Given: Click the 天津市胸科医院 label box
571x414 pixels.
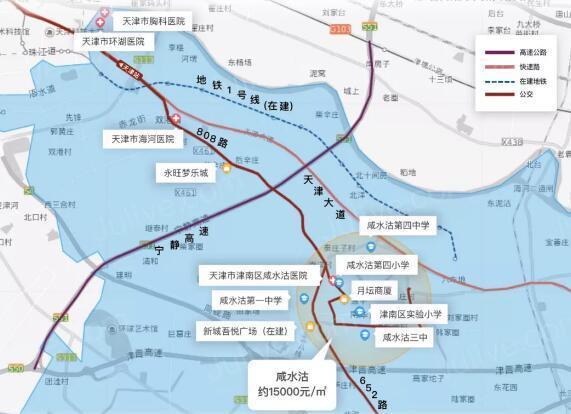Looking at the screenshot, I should point(152,20).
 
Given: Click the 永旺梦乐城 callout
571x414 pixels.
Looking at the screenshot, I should point(187,172).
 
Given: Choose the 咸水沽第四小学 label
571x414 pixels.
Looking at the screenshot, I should point(385,265).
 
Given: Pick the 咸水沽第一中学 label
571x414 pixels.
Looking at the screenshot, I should point(250,299).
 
